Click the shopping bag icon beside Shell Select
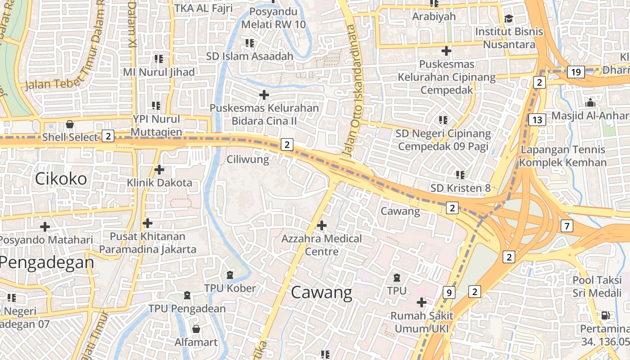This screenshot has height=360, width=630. (x=70, y=124)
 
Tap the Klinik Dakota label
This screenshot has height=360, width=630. (x=159, y=183)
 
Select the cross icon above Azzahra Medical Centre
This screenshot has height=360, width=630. (x=322, y=225)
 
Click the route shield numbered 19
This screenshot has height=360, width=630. (x=576, y=72)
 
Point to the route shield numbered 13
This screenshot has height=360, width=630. (x=537, y=120)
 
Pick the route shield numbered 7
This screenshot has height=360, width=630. (x=567, y=226)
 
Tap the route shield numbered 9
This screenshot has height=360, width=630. (x=448, y=292)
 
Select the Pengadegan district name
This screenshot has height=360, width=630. (x=47, y=262)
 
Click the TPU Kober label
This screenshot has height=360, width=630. (x=230, y=288)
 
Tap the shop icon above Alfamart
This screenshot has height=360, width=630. (x=196, y=329)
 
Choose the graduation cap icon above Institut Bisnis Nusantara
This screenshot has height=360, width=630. (x=508, y=18)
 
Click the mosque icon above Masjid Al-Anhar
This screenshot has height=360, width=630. (x=590, y=103)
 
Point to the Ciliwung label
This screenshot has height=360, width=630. (x=247, y=159)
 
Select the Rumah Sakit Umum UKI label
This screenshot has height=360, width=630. (x=422, y=322)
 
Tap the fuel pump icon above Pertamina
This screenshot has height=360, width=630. (x=606, y=315)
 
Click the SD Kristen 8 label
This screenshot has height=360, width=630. (x=460, y=188)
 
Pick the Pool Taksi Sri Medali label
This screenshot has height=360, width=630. (x=597, y=287)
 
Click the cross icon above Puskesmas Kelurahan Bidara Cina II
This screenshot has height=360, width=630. (x=264, y=95)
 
